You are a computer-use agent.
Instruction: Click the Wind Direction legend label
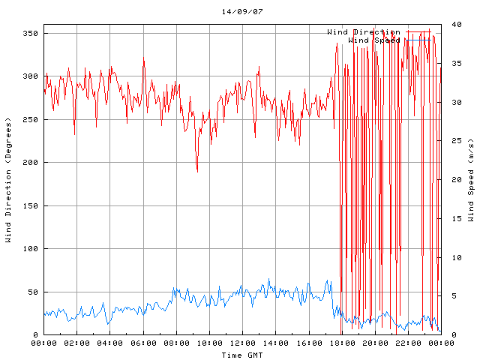point(363,32)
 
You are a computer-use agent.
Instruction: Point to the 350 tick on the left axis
point(30,34)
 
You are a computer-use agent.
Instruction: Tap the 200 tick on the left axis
point(30,163)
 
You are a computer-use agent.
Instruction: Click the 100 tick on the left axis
point(30,249)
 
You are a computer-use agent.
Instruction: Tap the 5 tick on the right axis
point(449,296)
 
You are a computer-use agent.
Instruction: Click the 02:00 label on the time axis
point(77,343)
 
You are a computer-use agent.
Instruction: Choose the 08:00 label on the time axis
point(176,343)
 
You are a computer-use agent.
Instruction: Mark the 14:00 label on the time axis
point(275,343)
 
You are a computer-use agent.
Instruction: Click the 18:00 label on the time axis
point(341,343)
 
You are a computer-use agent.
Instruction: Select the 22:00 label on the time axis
point(407,343)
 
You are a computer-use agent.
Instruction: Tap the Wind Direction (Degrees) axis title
point(8,180)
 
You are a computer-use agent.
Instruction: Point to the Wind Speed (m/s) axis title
point(471,180)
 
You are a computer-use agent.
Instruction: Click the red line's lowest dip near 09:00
point(197,172)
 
